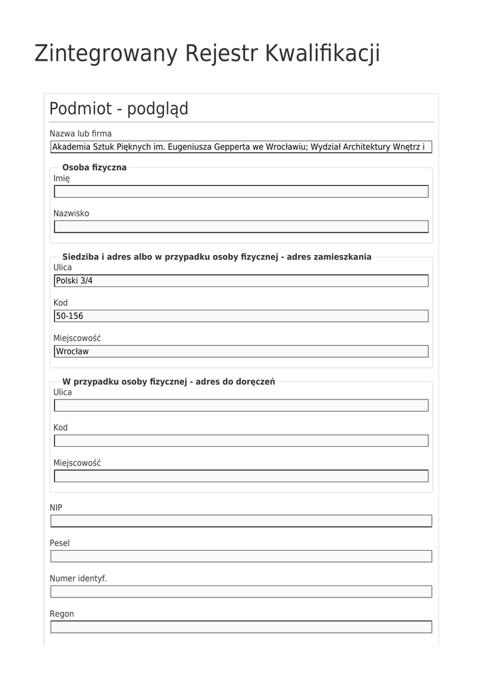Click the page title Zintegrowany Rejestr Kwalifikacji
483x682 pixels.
coord(207,53)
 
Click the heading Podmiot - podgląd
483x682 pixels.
coord(119,109)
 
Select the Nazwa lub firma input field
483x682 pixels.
coord(241,147)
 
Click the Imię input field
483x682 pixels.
coord(241,192)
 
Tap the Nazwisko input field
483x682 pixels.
coord(241,227)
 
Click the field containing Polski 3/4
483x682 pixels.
coord(241,281)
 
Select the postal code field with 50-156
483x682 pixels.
coord(241,316)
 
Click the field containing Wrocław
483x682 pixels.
coord(241,352)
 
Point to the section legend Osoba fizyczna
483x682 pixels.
coord(94,167)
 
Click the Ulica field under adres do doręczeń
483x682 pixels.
coord(241,406)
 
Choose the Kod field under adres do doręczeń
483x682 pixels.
coord(241,441)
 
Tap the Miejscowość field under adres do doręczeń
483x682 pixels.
coord(241,476)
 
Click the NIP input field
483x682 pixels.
coord(241,521)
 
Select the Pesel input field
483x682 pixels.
coord(241,556)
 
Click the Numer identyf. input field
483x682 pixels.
coord(241,591)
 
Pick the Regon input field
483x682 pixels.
coord(241,627)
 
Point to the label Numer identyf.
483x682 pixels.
coord(78,578)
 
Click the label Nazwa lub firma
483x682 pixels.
coord(81,134)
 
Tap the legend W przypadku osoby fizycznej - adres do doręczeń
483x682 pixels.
coord(169,382)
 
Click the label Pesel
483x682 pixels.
coord(59,543)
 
